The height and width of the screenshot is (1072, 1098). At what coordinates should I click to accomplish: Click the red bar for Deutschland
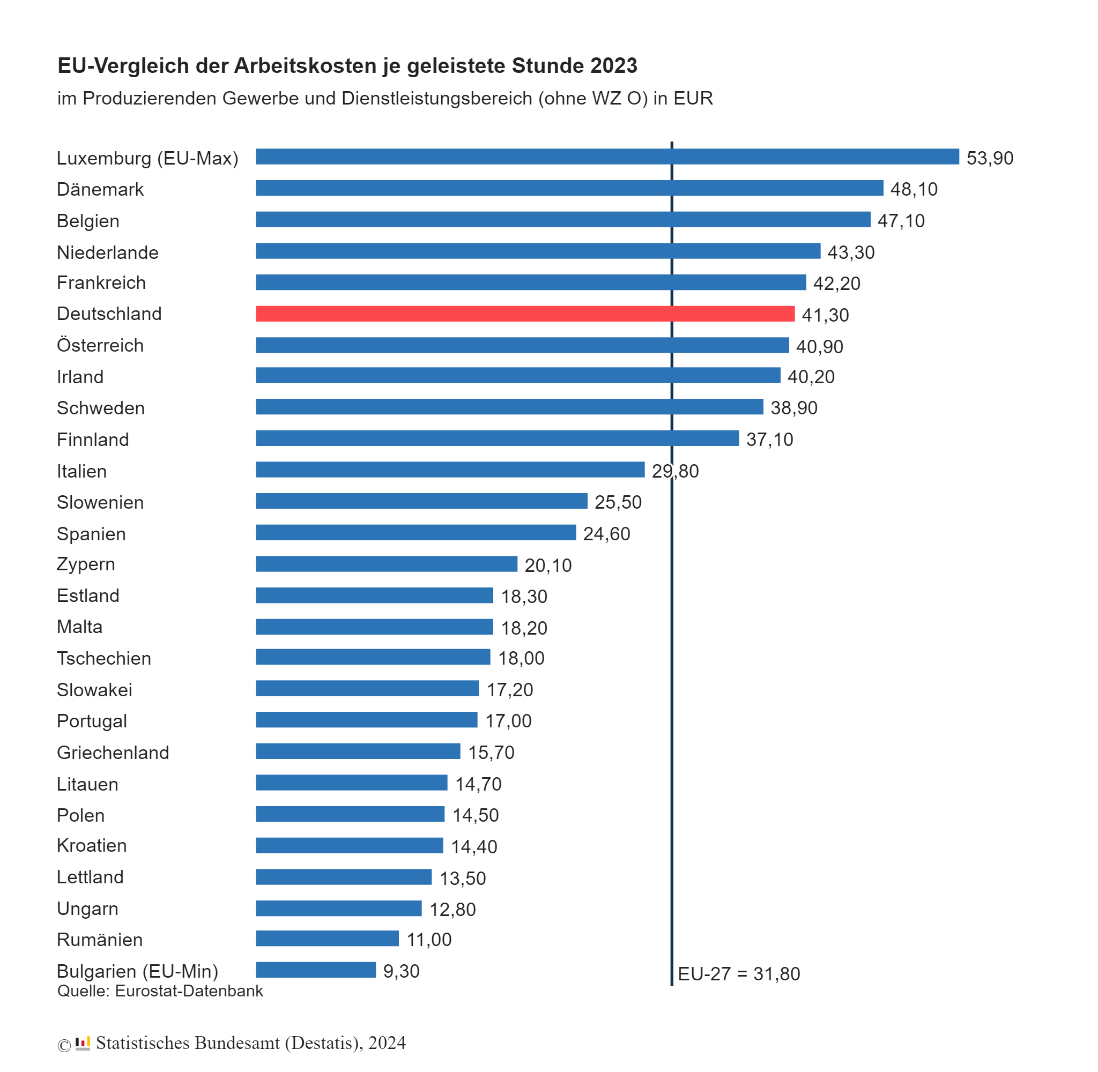point(525,314)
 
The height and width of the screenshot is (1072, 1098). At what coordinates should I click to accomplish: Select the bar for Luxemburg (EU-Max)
point(607,157)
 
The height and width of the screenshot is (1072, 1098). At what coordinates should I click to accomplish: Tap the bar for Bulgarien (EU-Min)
point(315,970)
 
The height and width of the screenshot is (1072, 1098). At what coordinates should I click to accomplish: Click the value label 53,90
point(989,158)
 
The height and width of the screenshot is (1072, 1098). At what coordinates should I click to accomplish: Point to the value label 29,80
point(674,471)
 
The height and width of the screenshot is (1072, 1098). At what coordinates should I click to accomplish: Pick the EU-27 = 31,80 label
point(738,973)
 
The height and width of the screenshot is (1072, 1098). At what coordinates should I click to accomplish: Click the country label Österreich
point(100,345)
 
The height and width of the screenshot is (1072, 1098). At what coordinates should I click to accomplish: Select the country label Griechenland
point(113,752)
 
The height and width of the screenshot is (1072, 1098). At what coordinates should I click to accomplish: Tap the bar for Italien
point(449,470)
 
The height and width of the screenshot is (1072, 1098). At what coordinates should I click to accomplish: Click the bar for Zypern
point(386,563)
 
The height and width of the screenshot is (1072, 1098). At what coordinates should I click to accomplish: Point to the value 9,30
point(401,971)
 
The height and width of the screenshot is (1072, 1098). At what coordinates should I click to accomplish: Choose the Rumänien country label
point(100,939)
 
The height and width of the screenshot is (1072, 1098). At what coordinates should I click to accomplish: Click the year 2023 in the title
point(614,66)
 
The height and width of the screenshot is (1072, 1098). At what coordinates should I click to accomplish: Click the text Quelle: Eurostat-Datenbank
point(160,991)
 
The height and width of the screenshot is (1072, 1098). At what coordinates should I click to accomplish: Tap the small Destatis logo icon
point(83,1043)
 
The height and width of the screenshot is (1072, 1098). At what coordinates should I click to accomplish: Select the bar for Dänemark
point(569,188)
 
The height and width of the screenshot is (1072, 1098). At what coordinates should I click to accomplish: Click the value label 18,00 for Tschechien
point(521,658)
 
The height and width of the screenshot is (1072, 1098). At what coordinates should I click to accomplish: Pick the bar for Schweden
point(509,406)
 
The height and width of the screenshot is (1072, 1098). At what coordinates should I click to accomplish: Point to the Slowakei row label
point(94,690)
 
